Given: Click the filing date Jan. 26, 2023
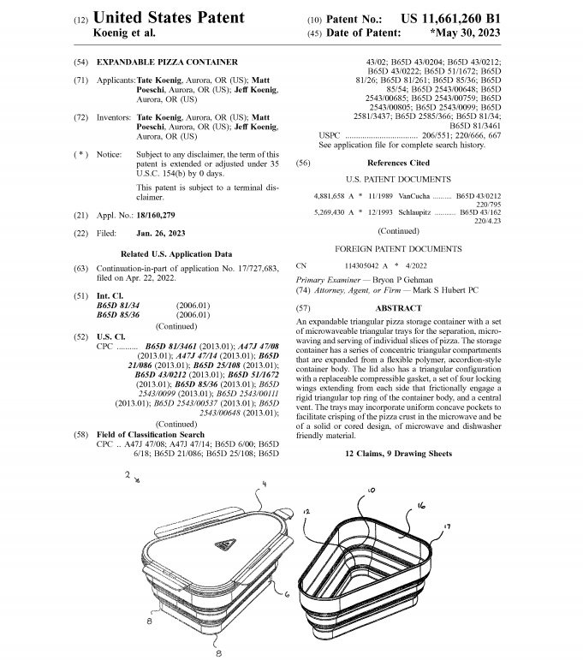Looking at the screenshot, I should click(x=163, y=233).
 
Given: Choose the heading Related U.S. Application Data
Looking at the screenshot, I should click(x=176, y=253).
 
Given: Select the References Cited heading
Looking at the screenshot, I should click(x=398, y=163).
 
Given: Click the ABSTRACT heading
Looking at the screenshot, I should click(x=398, y=307).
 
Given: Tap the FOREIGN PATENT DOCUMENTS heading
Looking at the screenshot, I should click(x=398, y=248).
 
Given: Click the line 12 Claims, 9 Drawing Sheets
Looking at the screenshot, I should click(x=398, y=452).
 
